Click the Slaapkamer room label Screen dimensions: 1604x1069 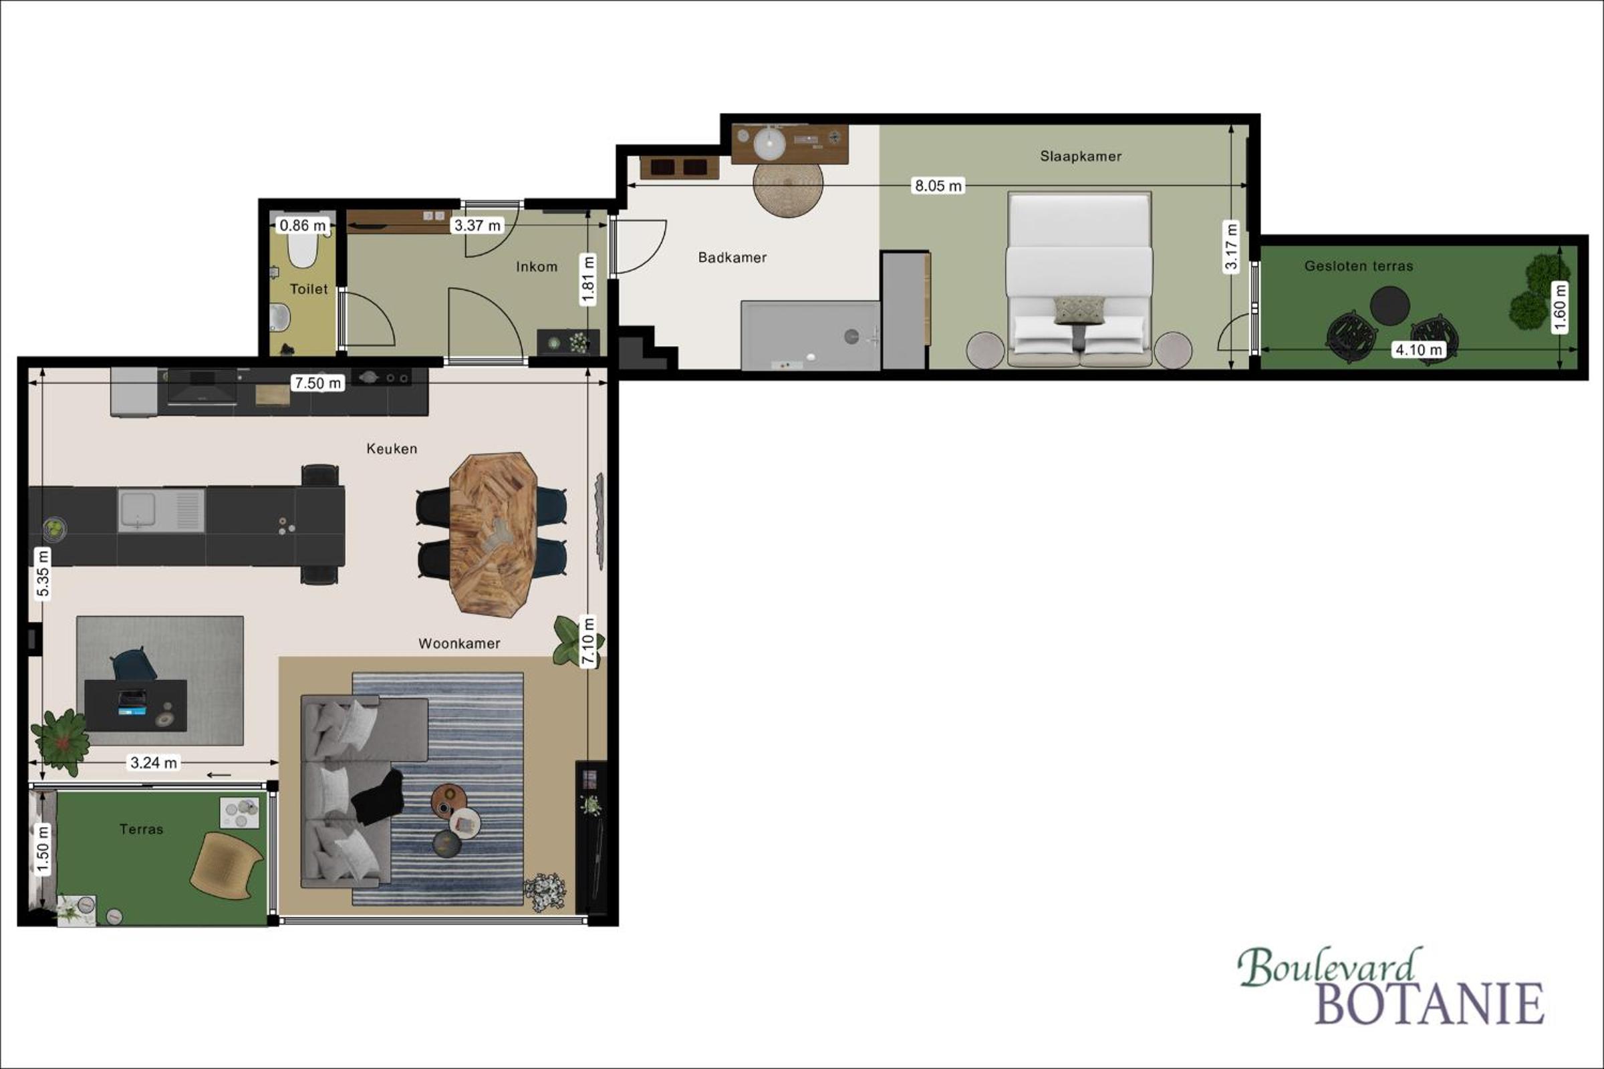tap(1080, 156)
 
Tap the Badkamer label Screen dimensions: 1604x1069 tap(732, 258)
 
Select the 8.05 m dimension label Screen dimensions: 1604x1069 tap(938, 186)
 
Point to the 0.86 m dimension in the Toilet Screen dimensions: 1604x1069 tap(303, 225)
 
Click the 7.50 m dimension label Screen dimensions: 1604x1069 tap(318, 383)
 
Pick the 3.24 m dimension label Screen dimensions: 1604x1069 tap(154, 763)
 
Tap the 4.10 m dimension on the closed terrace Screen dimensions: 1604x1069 tap(1418, 349)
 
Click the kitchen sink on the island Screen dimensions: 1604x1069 tap(161, 510)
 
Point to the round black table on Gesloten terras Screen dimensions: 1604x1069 tap(1390, 306)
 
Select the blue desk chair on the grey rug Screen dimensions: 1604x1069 tap(134, 665)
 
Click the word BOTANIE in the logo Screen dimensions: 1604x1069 tap(1429, 1004)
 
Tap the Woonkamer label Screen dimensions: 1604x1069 tap(459, 643)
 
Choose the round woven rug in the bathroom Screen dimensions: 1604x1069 tap(788, 182)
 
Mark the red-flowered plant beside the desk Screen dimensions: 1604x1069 tap(61, 742)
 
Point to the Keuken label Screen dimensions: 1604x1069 tap(392, 448)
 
